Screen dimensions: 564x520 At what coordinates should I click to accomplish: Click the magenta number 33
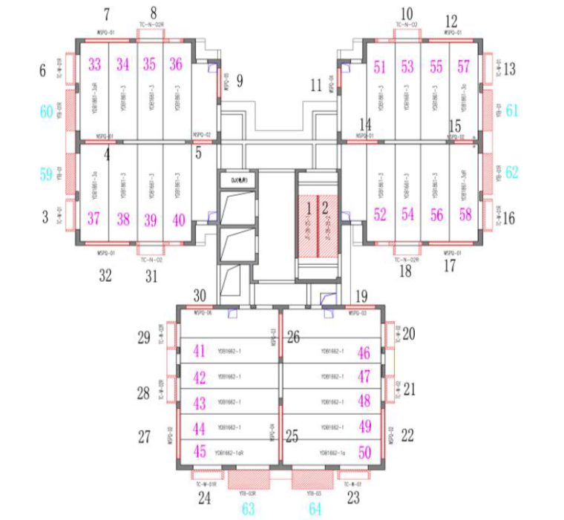click(x=94, y=65)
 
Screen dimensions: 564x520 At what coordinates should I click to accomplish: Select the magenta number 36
click(x=176, y=65)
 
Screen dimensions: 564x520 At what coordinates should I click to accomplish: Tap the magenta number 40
click(x=179, y=220)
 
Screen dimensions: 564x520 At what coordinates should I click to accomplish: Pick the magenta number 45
click(x=200, y=451)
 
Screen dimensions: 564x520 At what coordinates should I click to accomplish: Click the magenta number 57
click(x=464, y=67)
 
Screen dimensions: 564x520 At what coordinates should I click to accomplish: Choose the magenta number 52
click(x=381, y=215)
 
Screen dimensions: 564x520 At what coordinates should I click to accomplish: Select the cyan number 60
click(x=47, y=112)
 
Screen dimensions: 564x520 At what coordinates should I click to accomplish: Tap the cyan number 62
click(x=511, y=172)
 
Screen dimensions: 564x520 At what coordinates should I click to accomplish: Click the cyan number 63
click(x=248, y=508)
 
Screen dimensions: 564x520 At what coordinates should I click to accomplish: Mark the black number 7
click(x=106, y=14)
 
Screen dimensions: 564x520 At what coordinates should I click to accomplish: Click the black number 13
click(x=509, y=70)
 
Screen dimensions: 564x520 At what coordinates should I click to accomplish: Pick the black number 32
click(x=105, y=276)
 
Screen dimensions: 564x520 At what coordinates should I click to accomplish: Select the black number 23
click(x=352, y=498)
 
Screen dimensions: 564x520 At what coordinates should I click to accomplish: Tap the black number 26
click(x=294, y=338)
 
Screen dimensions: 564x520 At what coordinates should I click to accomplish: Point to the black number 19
click(x=361, y=296)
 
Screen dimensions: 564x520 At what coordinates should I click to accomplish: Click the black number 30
click(x=200, y=294)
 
